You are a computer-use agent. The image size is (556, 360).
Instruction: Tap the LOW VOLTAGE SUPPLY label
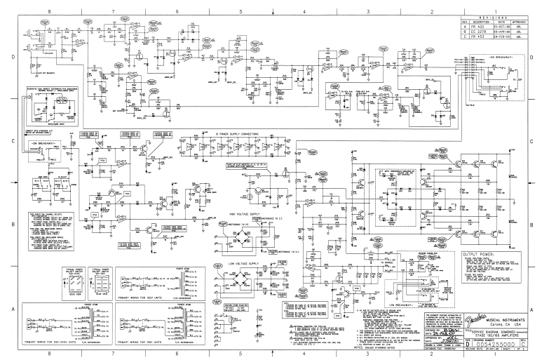point(239,263)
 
